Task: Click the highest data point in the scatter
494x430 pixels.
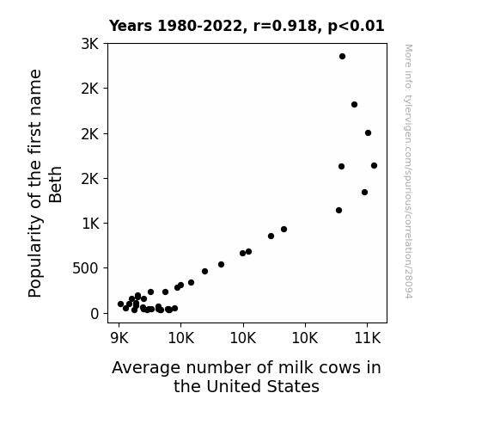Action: pyautogui.click(x=342, y=57)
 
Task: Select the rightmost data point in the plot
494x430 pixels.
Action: pyautogui.click(x=374, y=166)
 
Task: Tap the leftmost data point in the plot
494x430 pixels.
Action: pyautogui.click(x=120, y=304)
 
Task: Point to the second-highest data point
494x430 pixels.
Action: pyautogui.click(x=354, y=104)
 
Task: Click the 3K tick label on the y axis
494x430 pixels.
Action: pyautogui.click(x=90, y=44)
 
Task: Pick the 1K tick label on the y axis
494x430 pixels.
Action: pyautogui.click(x=90, y=224)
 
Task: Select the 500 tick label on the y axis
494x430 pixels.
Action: pyautogui.click(x=85, y=269)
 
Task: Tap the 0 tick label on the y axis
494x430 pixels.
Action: pyautogui.click(x=95, y=314)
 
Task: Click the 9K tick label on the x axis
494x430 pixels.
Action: pyautogui.click(x=119, y=338)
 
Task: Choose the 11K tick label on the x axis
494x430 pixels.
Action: pyautogui.click(x=368, y=338)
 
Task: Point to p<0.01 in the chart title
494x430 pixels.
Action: pyautogui.click(x=356, y=26)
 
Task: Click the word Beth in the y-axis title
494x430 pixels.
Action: pyautogui.click(x=56, y=185)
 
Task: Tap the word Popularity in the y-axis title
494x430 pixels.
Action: pyautogui.click(x=35, y=256)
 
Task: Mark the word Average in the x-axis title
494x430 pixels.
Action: pyautogui.click(x=146, y=368)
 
